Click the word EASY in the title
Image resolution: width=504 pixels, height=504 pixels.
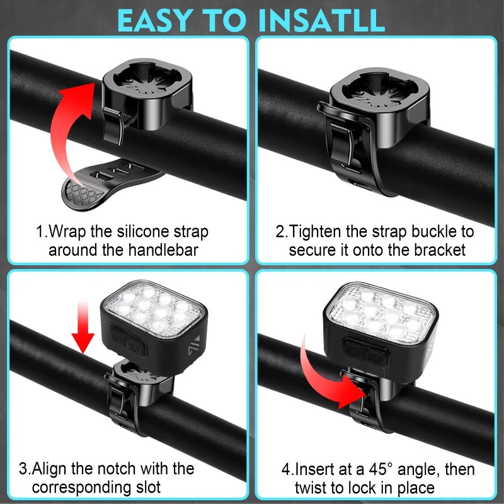pos(155,20)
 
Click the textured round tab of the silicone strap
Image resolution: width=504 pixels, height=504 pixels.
pos(82,193)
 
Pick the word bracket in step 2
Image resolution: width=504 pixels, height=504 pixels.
pos(439,250)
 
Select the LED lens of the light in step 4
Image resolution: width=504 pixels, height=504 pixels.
pos(381,314)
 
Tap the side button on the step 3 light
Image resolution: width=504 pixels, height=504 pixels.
pos(129,341)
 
